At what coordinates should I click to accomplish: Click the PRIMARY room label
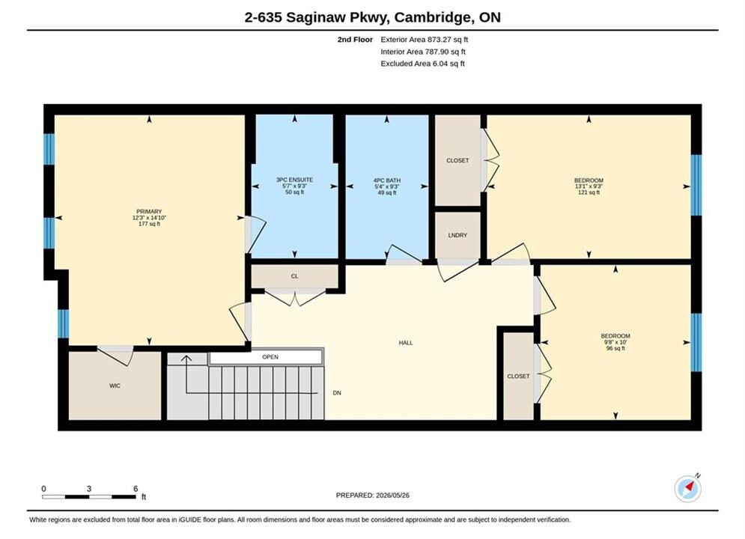coord(149,212)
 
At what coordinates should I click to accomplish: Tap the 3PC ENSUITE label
coord(294,180)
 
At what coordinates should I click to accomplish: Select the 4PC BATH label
coord(387,180)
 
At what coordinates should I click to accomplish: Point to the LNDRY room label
coord(457,235)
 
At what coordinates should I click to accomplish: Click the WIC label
coord(115,386)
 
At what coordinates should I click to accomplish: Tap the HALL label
coord(406,342)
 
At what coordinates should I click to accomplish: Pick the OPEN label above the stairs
coord(270,357)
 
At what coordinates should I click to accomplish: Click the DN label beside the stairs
coord(337,393)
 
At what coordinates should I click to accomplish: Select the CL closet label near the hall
coord(294,276)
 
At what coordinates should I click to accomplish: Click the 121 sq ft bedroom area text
coord(589,192)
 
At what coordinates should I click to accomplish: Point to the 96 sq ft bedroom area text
coord(615,348)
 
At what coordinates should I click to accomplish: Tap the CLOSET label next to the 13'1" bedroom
coord(457,160)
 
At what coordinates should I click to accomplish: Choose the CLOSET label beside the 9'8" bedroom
coord(518,376)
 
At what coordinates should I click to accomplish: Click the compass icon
coord(687,488)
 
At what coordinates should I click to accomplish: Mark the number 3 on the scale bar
coord(89,489)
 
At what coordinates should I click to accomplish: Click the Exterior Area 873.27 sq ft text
coord(425,40)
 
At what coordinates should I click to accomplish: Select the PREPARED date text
coord(373,496)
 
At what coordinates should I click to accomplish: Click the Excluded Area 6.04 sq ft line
coord(422,63)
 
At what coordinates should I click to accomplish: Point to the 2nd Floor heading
coord(355,40)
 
